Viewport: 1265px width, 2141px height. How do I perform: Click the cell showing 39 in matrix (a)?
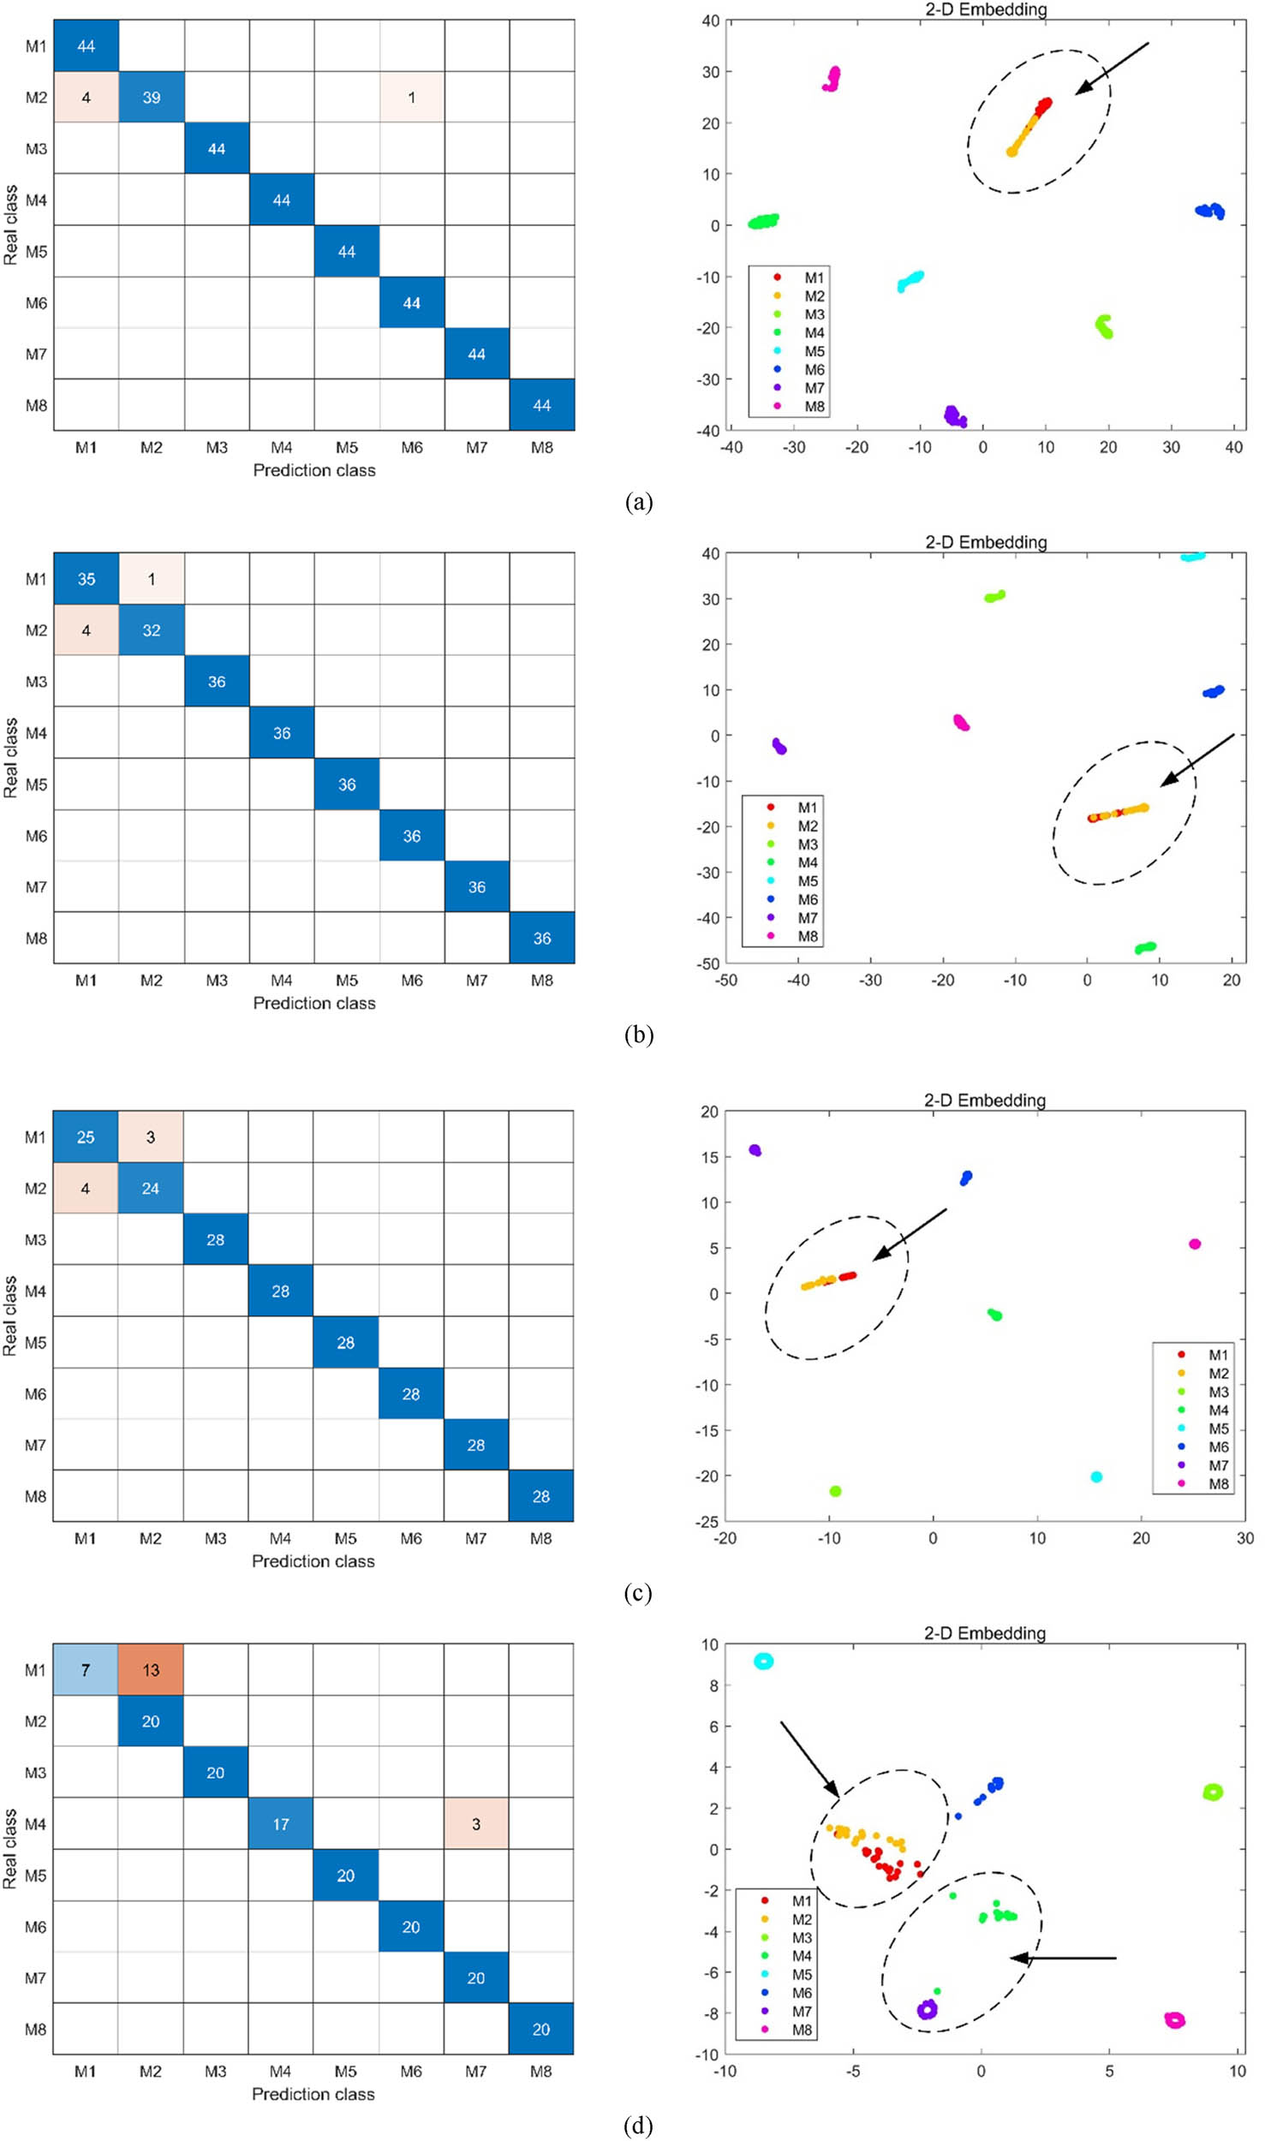(151, 97)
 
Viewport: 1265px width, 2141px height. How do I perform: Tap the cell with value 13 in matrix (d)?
(151, 1669)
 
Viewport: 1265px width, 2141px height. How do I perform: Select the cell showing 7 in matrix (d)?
(86, 1669)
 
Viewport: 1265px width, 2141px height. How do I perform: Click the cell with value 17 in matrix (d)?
(281, 1823)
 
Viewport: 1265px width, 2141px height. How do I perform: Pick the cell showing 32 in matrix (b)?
(151, 629)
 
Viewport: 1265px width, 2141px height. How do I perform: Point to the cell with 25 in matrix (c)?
(86, 1136)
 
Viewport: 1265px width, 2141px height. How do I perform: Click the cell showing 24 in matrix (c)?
(151, 1188)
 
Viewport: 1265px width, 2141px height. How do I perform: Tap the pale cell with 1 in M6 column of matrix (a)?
(411, 97)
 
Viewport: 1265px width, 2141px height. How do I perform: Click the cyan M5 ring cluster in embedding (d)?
(763, 1661)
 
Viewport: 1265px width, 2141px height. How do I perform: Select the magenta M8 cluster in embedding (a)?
(832, 79)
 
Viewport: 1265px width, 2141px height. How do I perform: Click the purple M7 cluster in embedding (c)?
(755, 1150)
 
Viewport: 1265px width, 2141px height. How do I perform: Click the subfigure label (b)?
(639, 1035)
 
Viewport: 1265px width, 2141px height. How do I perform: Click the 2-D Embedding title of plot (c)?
(984, 1100)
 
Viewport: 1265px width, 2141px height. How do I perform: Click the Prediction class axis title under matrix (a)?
(313, 470)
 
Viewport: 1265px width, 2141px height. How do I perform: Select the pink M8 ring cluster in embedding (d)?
(1174, 2020)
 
